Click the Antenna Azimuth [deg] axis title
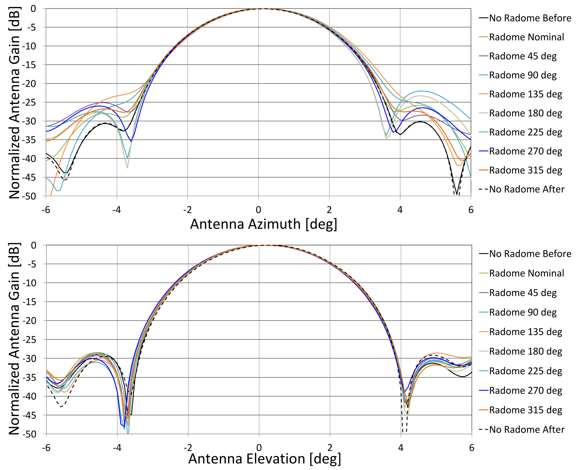click(264, 224)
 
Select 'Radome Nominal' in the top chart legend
click(526, 37)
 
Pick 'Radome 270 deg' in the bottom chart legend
click(525, 390)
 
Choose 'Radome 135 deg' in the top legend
click(525, 94)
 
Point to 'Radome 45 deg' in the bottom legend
click(523, 293)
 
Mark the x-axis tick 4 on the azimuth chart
click(400, 210)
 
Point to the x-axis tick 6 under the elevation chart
click(471, 447)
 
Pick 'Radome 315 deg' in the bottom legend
click(525, 410)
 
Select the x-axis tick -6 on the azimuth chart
click(46, 210)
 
